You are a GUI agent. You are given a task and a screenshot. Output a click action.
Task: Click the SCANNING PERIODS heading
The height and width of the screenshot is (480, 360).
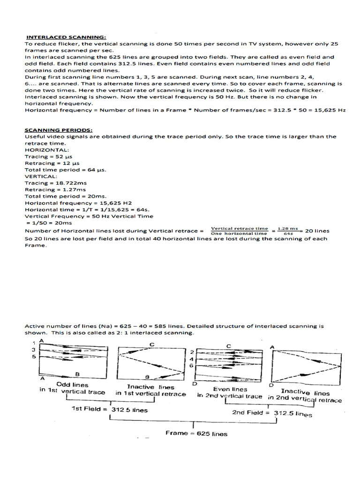click(59, 130)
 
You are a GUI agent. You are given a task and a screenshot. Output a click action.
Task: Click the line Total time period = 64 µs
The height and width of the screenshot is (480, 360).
click(65, 170)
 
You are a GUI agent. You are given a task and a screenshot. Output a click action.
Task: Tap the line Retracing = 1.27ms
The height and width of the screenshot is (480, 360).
click(56, 190)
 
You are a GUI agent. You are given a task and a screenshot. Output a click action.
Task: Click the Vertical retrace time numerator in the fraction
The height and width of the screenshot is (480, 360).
click(239, 228)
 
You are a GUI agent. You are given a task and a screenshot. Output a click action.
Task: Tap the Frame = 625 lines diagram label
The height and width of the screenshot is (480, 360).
click(196, 434)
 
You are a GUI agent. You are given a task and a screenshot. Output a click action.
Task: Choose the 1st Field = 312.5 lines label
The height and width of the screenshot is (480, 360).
click(109, 409)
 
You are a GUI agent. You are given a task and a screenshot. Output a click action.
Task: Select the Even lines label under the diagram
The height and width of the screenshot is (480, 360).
click(231, 389)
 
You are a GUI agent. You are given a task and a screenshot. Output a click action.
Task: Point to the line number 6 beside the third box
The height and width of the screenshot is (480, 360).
click(191, 365)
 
